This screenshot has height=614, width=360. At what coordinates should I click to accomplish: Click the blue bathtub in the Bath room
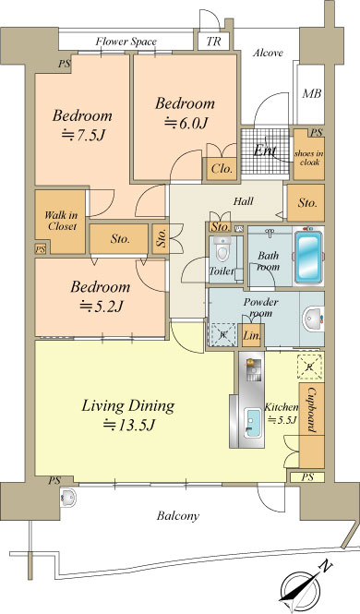click(308, 257)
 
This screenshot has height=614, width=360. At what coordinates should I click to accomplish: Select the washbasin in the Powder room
click(313, 319)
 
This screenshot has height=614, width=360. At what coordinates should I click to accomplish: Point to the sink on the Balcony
click(69, 498)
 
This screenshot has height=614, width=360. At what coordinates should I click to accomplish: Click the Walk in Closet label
click(61, 221)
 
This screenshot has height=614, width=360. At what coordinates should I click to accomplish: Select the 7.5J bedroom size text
click(83, 135)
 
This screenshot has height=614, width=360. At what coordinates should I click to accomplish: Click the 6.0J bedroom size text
click(186, 123)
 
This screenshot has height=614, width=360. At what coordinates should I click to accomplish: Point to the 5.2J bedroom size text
click(102, 306)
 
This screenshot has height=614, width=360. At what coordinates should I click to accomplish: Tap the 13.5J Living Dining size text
click(129, 425)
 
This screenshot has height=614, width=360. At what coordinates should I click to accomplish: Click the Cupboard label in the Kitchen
click(312, 409)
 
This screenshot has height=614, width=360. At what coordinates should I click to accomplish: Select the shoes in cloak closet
click(308, 155)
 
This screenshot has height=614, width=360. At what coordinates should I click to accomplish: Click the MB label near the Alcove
click(312, 93)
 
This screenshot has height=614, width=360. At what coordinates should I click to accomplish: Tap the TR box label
click(213, 42)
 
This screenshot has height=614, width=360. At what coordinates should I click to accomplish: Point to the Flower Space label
click(126, 42)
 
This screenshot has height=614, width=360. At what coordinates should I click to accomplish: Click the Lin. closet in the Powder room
click(251, 335)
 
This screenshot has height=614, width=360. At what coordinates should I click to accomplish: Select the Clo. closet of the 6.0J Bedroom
click(222, 169)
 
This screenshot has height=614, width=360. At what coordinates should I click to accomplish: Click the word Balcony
click(178, 516)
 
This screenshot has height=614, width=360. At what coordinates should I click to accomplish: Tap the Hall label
click(243, 201)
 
